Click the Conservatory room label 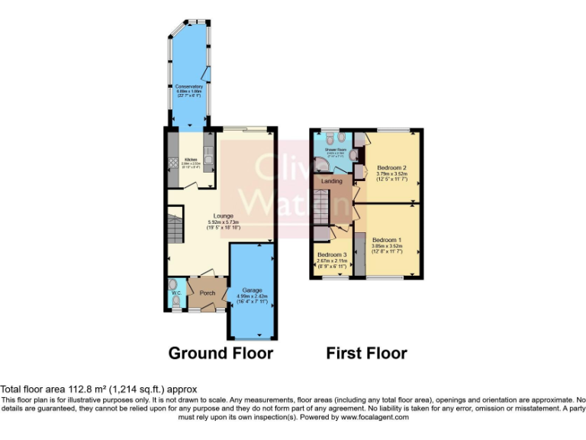click(x=189, y=87)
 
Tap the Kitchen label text click(x=191, y=160)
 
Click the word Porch click(x=208, y=293)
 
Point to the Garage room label click(x=253, y=290)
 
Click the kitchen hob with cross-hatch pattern click(x=172, y=163)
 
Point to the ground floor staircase click(x=175, y=228)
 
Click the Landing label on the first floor click(x=332, y=181)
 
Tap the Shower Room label click(x=336, y=150)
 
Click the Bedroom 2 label click(x=391, y=167)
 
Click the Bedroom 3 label click(x=332, y=254)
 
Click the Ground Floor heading click(x=221, y=353)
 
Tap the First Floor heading click(x=366, y=353)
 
